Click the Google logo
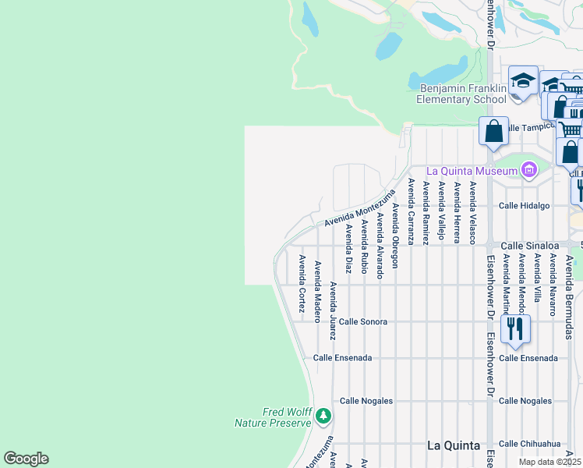point(26,459)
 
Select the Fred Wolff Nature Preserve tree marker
point(323,417)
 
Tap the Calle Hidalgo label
point(524,205)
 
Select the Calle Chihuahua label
point(530,444)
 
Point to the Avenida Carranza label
point(411,211)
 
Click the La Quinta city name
point(454,445)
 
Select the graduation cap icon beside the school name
point(523,80)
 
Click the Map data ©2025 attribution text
point(549,462)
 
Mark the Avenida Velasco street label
point(472,213)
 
